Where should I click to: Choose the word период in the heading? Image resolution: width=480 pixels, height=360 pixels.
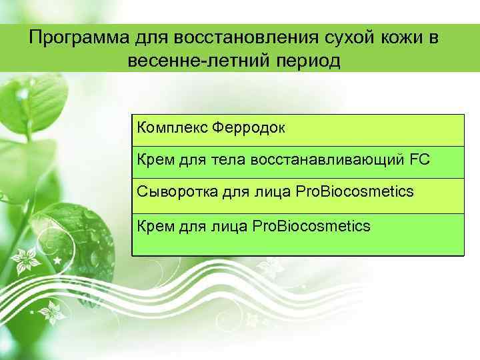click(x=306, y=63)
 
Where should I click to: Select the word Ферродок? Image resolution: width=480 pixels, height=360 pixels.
click(x=248, y=127)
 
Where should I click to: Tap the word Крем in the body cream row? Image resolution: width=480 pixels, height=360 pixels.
click(x=153, y=159)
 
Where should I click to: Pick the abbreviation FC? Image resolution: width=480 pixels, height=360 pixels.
click(x=420, y=159)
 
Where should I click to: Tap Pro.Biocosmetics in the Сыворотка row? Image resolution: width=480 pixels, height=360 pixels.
click(x=347, y=192)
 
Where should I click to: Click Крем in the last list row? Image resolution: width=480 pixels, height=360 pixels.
click(x=153, y=227)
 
